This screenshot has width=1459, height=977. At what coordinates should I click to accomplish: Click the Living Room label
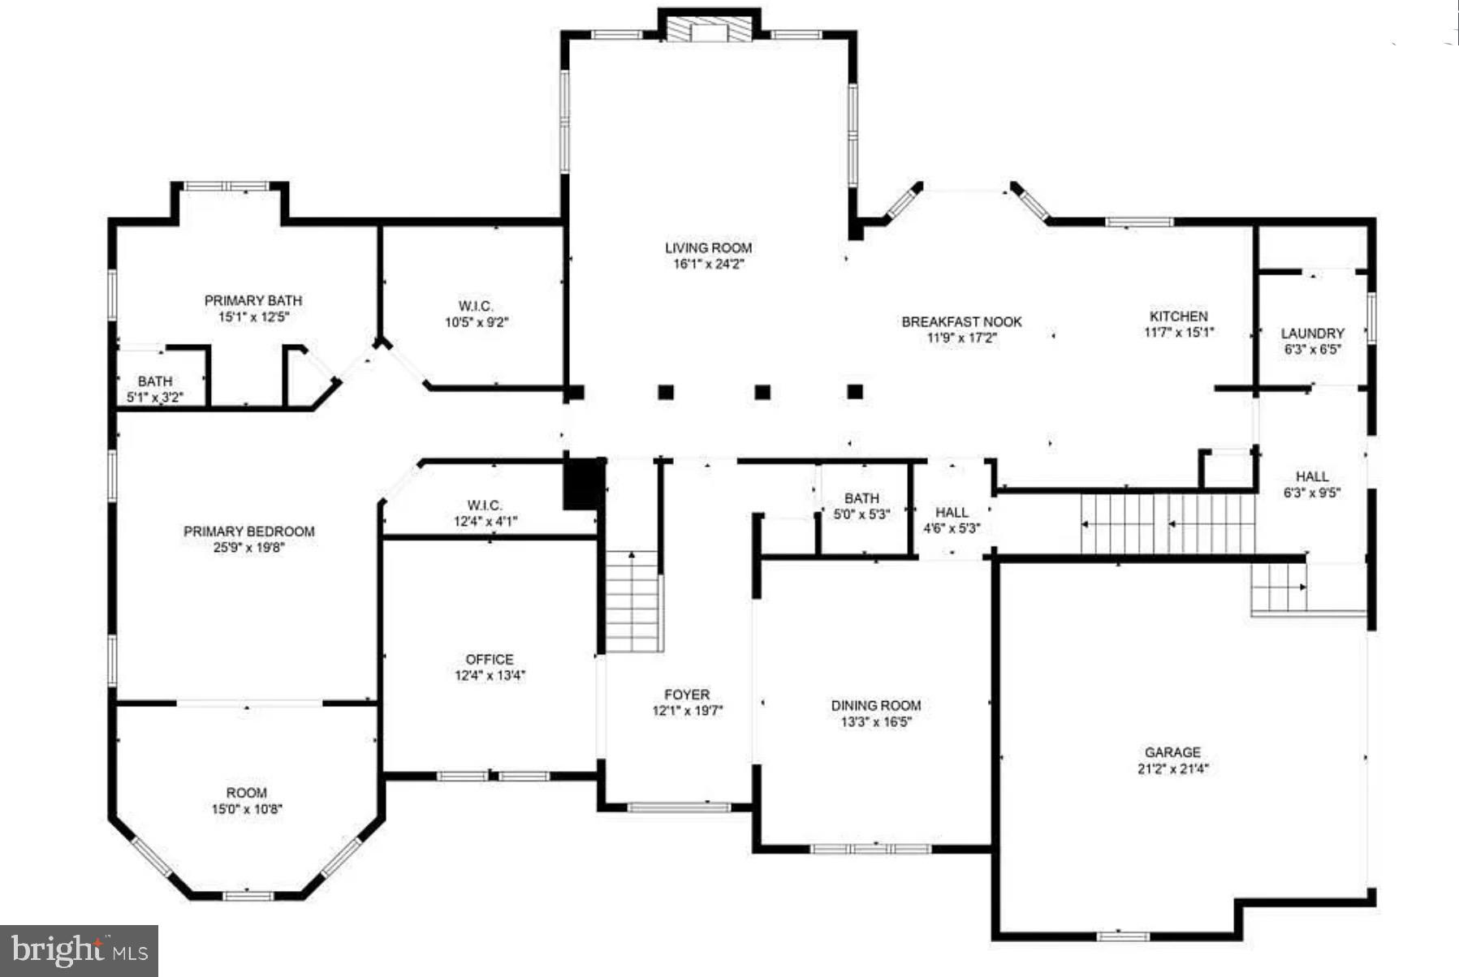(708, 248)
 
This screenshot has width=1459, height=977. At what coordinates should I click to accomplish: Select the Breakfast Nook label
(961, 322)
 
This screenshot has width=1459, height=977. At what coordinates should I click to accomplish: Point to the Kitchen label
(1178, 316)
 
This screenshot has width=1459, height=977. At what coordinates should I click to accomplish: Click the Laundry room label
(1312, 334)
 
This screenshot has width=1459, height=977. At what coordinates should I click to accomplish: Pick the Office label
(490, 660)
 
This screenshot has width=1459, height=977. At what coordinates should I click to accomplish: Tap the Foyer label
(687, 695)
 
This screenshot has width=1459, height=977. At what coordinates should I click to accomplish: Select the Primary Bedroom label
(248, 532)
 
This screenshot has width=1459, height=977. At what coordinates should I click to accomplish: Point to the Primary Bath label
(253, 301)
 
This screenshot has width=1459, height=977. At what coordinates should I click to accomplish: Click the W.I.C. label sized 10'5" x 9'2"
(476, 307)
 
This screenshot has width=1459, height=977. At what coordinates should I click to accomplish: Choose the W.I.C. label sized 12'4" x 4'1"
(485, 506)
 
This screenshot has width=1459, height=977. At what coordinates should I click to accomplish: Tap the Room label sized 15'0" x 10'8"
(246, 793)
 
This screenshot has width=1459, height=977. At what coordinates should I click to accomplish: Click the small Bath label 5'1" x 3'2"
(155, 381)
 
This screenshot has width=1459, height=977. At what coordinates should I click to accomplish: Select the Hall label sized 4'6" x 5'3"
(952, 513)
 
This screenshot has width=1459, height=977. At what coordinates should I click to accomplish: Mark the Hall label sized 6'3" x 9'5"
(1312, 477)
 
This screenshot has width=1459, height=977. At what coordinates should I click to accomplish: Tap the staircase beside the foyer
(632, 600)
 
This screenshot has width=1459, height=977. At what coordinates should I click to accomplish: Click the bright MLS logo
(79, 950)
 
